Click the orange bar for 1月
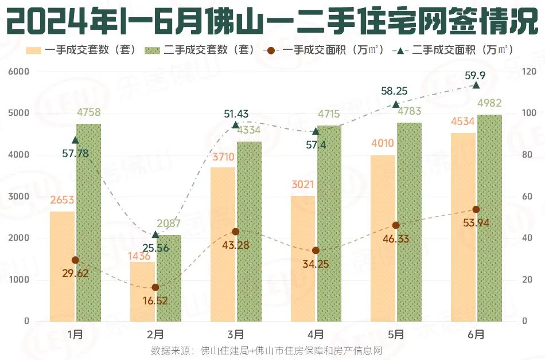tap(62, 267)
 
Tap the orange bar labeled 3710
tap(223, 244)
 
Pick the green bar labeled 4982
tap(489, 218)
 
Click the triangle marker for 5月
tap(396, 104)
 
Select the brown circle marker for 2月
tap(155, 287)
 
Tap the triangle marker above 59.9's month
tap(476, 85)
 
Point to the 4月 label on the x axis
tap(316, 334)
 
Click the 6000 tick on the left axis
tap(19, 72)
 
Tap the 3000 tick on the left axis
tap(19, 197)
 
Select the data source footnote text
tap(266, 350)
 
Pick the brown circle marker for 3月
tap(236, 232)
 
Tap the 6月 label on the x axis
tap(476, 334)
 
